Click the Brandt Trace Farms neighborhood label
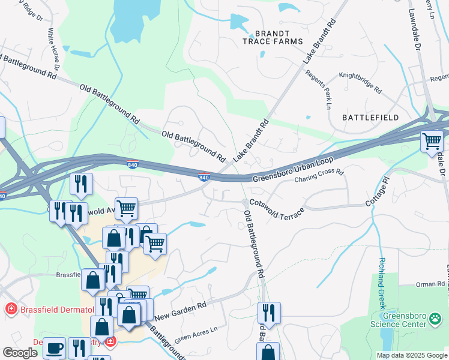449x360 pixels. (x=266, y=37)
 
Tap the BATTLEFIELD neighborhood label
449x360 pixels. (x=370, y=118)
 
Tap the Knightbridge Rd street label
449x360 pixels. (x=360, y=83)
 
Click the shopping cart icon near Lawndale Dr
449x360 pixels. (x=432, y=142)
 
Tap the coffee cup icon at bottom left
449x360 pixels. (x=54, y=348)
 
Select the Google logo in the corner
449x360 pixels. (x=20, y=352)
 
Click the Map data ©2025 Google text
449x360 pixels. (x=411, y=355)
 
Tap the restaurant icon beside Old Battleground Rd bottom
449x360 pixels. (x=269, y=313)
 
